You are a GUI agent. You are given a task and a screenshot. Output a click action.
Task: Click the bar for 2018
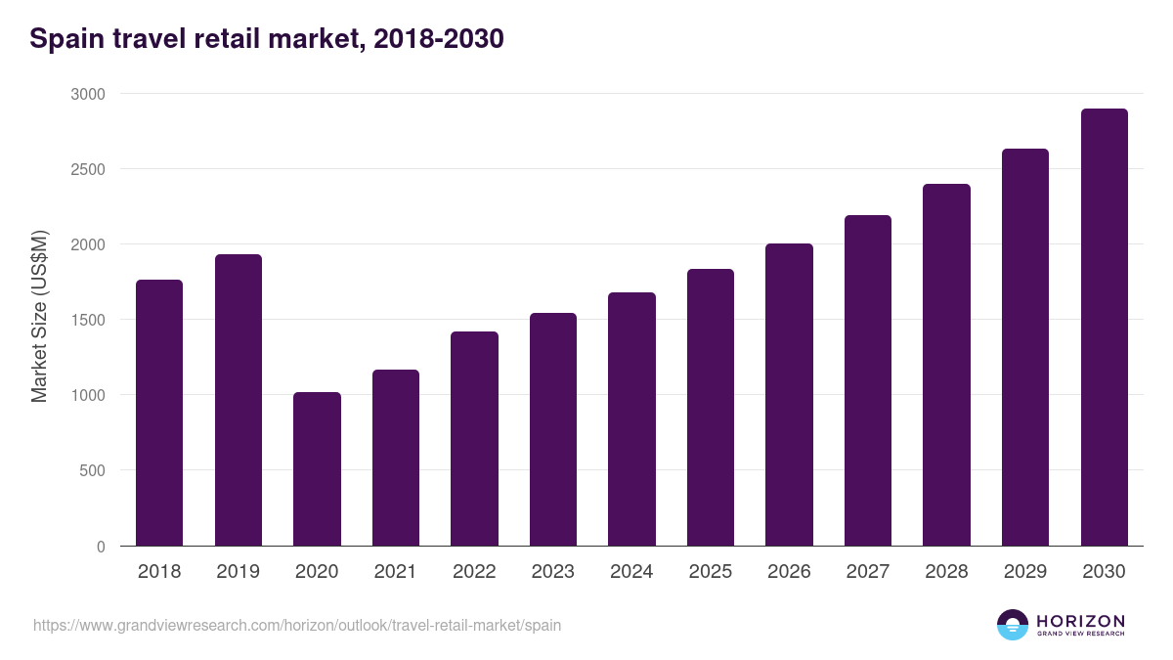[x=159, y=413]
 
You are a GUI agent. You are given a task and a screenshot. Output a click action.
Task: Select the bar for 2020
[x=317, y=469]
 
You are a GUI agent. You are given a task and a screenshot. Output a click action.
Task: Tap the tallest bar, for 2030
[x=1104, y=328]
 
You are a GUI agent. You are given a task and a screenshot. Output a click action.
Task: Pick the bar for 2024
[x=631, y=419]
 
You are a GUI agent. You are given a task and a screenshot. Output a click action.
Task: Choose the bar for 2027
[x=868, y=380]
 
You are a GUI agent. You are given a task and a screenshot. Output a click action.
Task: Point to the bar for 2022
[x=474, y=439]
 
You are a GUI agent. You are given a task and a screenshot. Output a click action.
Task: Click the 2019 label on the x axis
[x=238, y=572]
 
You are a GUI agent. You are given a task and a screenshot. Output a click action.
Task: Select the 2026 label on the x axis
[x=789, y=572]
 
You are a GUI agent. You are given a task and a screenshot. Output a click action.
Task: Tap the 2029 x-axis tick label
[x=1025, y=572]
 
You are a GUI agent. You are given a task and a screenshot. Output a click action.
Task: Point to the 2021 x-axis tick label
[x=395, y=572]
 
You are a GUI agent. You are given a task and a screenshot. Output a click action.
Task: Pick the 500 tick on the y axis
[x=92, y=470]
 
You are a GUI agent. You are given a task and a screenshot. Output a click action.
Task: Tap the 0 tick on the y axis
[x=101, y=547]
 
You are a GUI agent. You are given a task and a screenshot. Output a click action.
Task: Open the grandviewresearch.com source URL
[x=297, y=625]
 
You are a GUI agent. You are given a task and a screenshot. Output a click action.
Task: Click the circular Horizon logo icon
[x=1013, y=625]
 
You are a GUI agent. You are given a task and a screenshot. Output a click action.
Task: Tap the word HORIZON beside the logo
[x=1080, y=621]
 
